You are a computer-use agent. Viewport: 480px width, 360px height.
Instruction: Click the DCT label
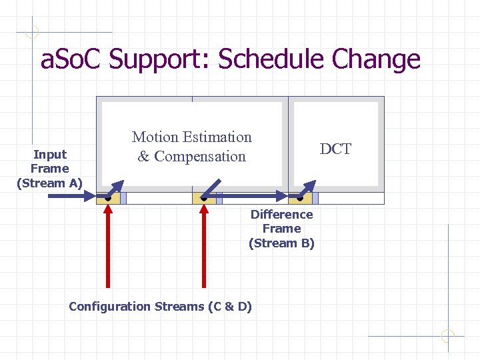335,149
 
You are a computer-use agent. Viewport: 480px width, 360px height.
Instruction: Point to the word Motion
155,137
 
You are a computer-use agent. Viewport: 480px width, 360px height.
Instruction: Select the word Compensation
200,157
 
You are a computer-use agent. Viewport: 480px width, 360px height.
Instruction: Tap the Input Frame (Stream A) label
49,169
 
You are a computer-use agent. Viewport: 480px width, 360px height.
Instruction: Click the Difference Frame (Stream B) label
281,229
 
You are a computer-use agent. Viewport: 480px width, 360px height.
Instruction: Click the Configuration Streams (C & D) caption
160,307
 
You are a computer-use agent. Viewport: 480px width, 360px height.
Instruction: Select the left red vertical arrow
108,247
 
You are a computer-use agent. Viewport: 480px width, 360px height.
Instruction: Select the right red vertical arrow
204,247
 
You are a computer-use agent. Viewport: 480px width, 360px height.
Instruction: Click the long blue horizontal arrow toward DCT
253,197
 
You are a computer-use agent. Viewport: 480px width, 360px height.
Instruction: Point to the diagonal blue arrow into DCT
308,189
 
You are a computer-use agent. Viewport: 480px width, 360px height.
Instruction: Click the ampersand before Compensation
143,157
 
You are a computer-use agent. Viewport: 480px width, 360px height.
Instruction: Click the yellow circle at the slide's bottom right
448,336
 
